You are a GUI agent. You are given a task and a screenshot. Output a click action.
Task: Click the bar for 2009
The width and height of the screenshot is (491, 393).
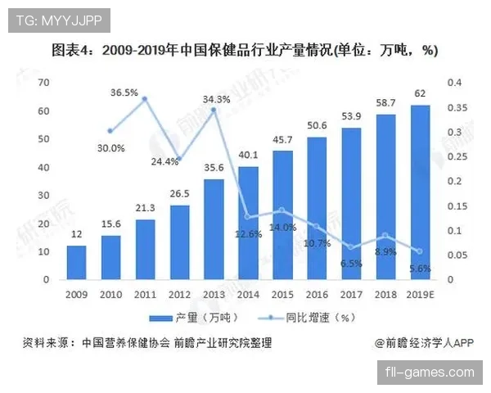coord(76,262)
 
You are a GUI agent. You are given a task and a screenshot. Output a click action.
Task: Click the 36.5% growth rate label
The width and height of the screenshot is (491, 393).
coord(124,93)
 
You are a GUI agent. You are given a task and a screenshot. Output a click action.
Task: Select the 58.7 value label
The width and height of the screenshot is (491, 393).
coord(385,103)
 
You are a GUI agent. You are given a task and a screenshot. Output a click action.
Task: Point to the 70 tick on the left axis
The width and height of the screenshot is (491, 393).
coord(44,82)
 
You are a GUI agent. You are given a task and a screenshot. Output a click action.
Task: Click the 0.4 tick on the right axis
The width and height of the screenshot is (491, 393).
coord(455,82)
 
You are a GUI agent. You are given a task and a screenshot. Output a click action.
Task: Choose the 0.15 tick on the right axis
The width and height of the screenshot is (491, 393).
coord(455,206)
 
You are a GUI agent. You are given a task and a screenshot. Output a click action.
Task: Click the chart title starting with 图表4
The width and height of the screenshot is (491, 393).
coord(245,51)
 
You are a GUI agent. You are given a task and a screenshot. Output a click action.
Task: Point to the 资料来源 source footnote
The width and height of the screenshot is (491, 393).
coord(146,343)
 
